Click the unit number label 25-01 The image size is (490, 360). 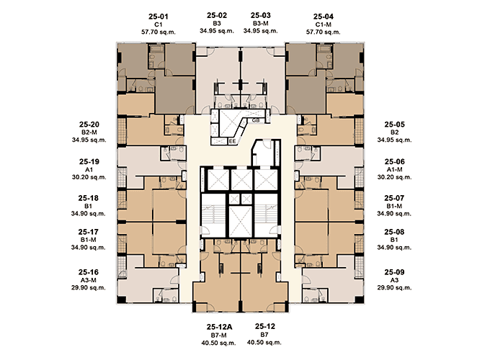[x=158, y=17]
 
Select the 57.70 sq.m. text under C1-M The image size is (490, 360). [x=323, y=32]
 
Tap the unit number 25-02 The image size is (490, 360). [x=217, y=15]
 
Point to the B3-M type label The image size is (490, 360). [x=261, y=24]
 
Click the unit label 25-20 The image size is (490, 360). [x=89, y=125]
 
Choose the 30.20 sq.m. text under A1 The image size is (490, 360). [x=89, y=177]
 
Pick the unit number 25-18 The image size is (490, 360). [x=89, y=198]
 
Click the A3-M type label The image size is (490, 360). [x=89, y=280]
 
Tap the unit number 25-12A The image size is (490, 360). [x=219, y=327]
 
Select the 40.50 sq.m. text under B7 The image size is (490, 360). [x=264, y=342]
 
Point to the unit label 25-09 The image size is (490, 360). [x=394, y=272]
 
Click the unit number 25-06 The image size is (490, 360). [x=395, y=161]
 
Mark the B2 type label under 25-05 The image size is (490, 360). [x=395, y=132]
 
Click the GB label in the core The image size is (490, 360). [x=256, y=120]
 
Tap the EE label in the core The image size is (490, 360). [x=232, y=141]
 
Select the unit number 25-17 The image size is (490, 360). [x=89, y=232]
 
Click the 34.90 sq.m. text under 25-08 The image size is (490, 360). [x=394, y=247]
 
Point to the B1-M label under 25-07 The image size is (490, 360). [x=394, y=206]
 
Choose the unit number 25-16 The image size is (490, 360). [x=89, y=272]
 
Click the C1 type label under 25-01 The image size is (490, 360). [x=158, y=24]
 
